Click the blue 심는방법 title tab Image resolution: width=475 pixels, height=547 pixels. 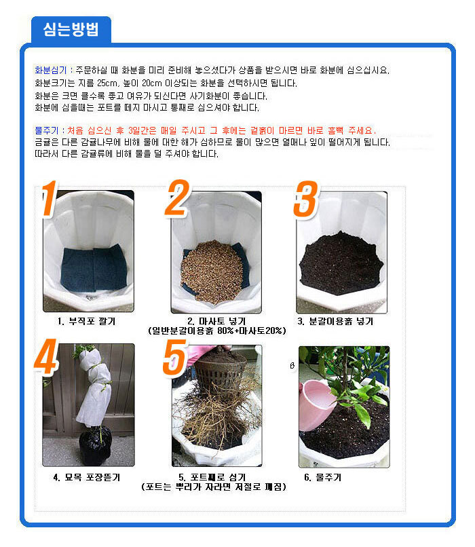pos(71,29)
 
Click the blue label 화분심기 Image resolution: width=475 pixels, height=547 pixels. pos(51,70)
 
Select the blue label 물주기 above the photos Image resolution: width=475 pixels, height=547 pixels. pos(46,130)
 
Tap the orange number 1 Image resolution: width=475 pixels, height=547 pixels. pos(49,197)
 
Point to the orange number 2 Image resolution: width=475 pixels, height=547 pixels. pos(177,197)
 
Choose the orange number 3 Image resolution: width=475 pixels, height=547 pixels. pos(306,200)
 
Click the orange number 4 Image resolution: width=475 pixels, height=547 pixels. pos(45,356)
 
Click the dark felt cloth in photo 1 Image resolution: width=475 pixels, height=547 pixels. pos(94,268)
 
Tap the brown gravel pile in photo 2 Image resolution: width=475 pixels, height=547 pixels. pos(212,271)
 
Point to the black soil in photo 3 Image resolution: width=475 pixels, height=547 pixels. pos(341,264)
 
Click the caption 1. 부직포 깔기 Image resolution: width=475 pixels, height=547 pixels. pos(86,321)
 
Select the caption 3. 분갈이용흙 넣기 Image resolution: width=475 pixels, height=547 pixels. pos(335,321)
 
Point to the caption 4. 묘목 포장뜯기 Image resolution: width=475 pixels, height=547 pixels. pos(86,477)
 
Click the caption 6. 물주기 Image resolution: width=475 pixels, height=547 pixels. pos(322,477)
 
